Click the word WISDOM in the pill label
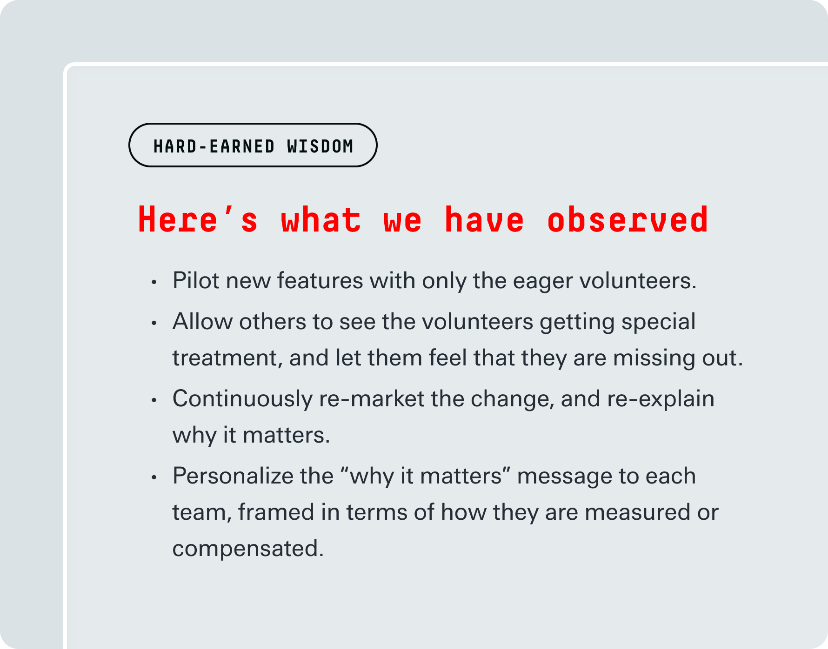[x=320, y=146]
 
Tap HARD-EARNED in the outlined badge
[x=214, y=146]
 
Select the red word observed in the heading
[x=628, y=219]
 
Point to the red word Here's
[x=198, y=219]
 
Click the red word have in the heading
[x=485, y=219]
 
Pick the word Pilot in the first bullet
[x=196, y=281]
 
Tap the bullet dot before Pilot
[x=154, y=282]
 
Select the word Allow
[x=202, y=322]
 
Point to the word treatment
[x=227, y=358]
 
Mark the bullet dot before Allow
[x=154, y=323]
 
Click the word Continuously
[x=242, y=399]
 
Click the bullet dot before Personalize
[x=154, y=477]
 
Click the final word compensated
[x=248, y=549]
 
